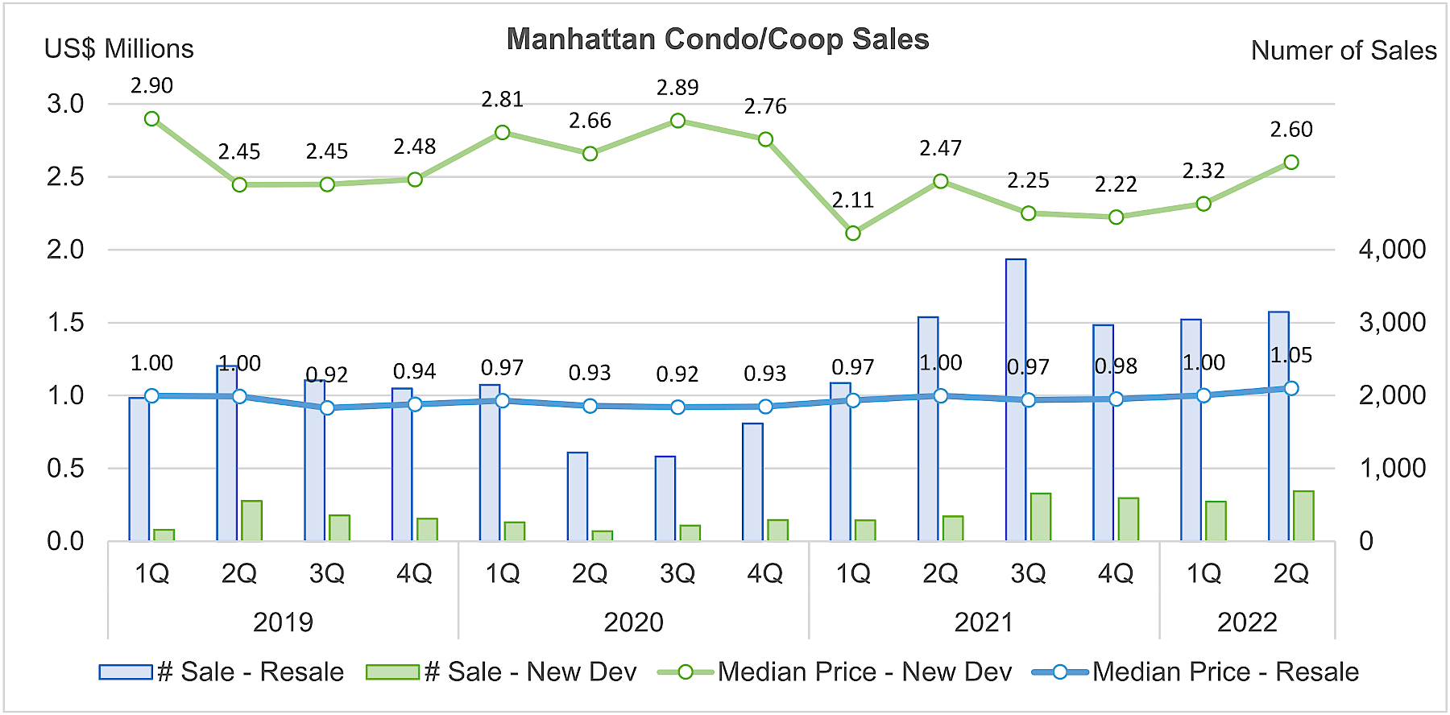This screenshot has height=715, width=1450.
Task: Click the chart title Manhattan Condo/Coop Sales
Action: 717,39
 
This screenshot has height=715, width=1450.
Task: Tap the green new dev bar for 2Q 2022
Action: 1303,516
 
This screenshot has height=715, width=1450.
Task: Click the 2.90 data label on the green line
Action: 151,85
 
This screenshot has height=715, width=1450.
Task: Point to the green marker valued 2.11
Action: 853,234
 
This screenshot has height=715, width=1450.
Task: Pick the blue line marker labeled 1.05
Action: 1291,388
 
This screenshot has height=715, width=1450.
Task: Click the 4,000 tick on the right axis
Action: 1392,250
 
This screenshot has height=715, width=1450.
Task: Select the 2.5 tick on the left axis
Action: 65,177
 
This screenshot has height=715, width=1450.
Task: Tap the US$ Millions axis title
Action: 118,49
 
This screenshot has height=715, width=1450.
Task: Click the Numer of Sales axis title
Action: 1343,51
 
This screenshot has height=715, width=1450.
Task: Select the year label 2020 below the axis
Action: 633,622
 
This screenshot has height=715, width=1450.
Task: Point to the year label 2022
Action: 1247,622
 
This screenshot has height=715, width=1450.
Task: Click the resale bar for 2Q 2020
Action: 578,496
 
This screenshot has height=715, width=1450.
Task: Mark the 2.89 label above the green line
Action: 677,88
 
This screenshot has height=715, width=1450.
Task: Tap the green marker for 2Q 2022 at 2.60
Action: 1291,163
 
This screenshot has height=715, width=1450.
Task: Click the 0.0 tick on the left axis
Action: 65,541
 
